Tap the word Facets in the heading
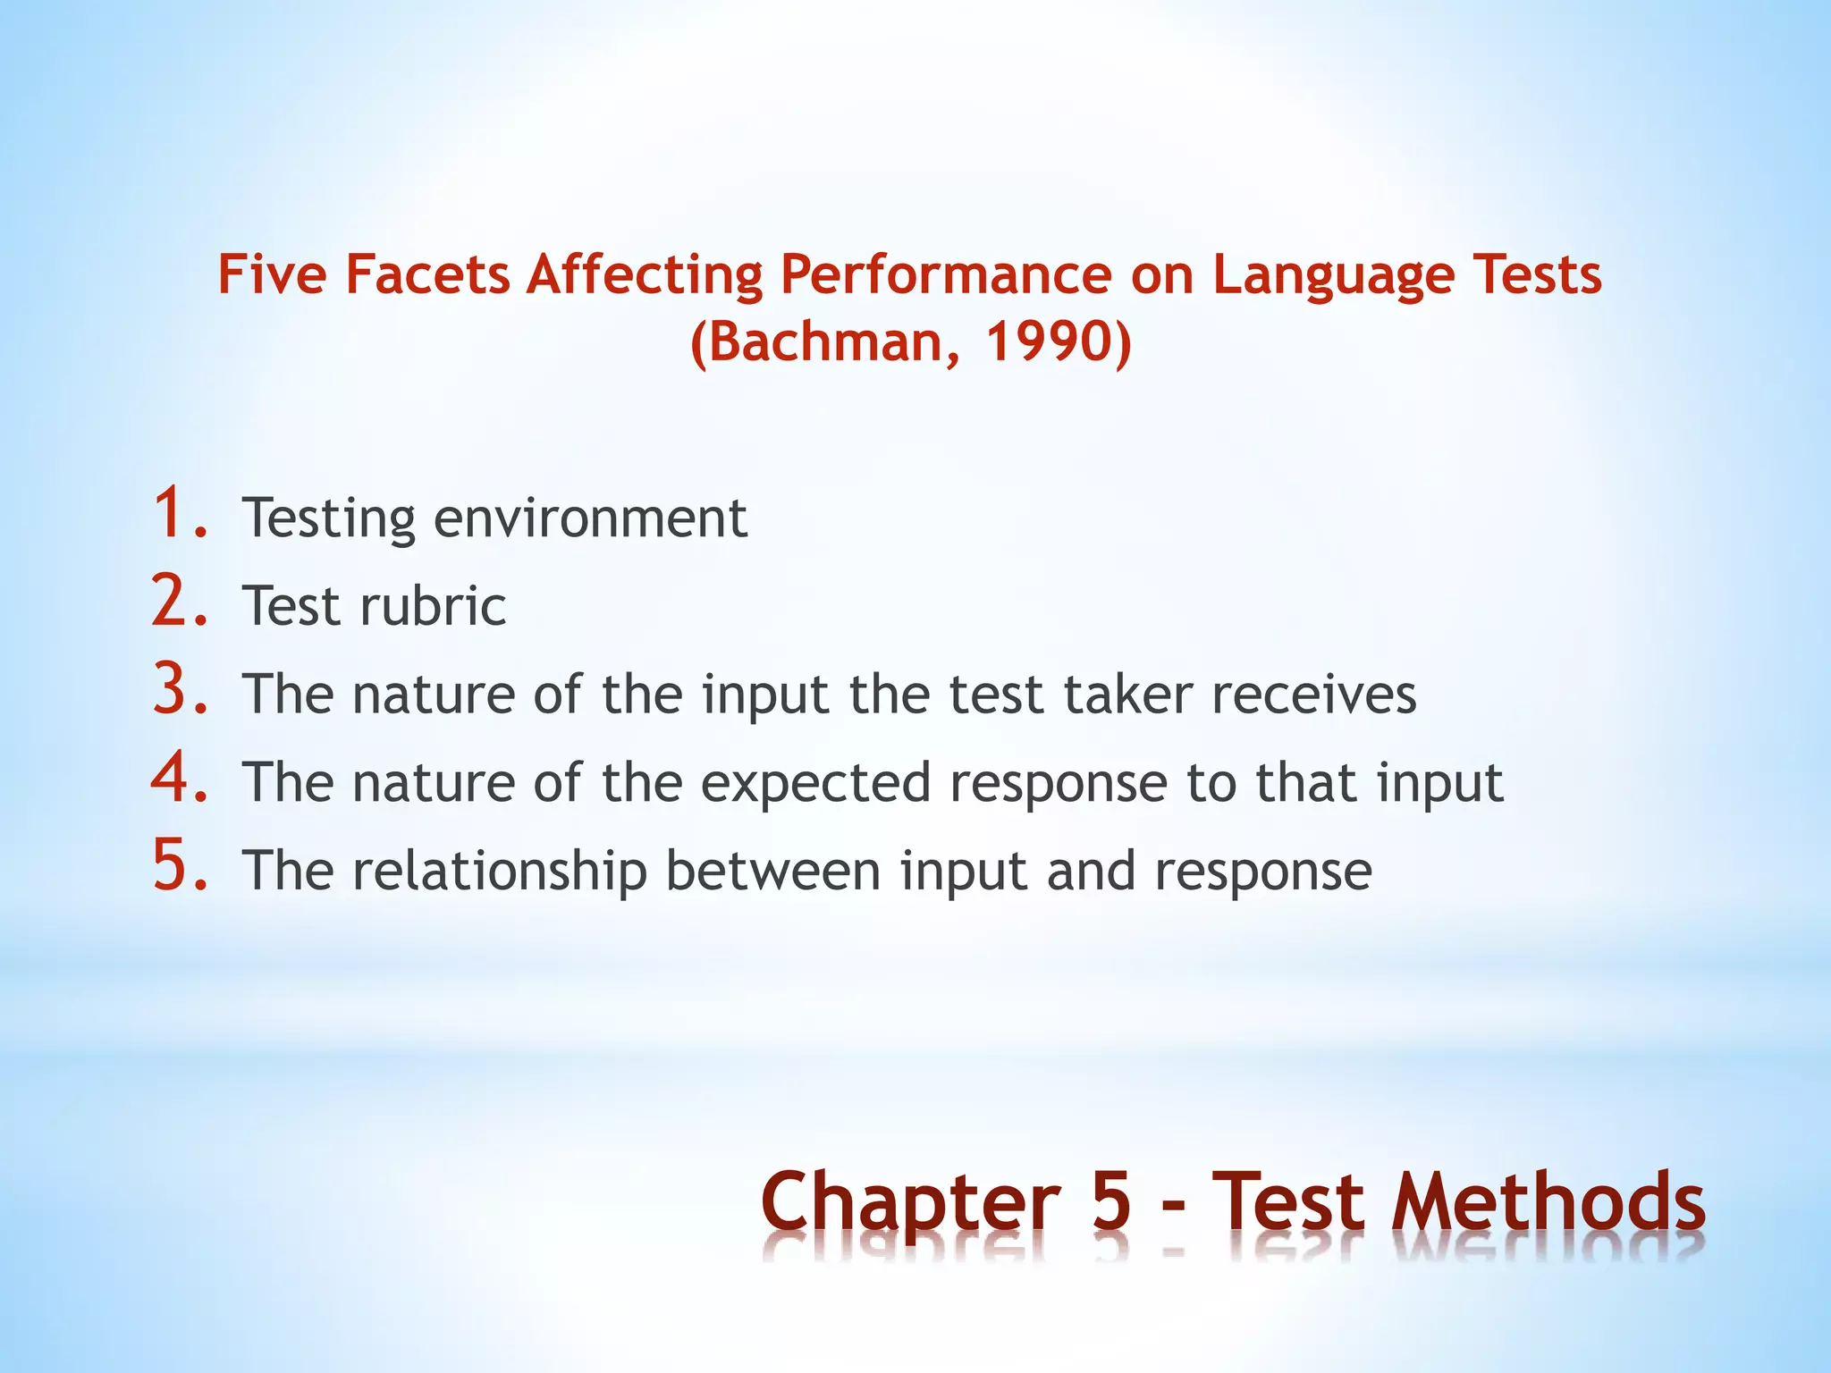click(x=427, y=274)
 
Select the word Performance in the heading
click(x=946, y=274)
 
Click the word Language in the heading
click(x=1333, y=276)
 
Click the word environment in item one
click(x=590, y=518)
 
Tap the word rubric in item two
click(x=433, y=607)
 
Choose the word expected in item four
click(x=815, y=784)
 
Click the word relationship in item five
click(x=500, y=872)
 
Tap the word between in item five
click(x=773, y=872)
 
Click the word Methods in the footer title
click(x=1548, y=1202)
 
